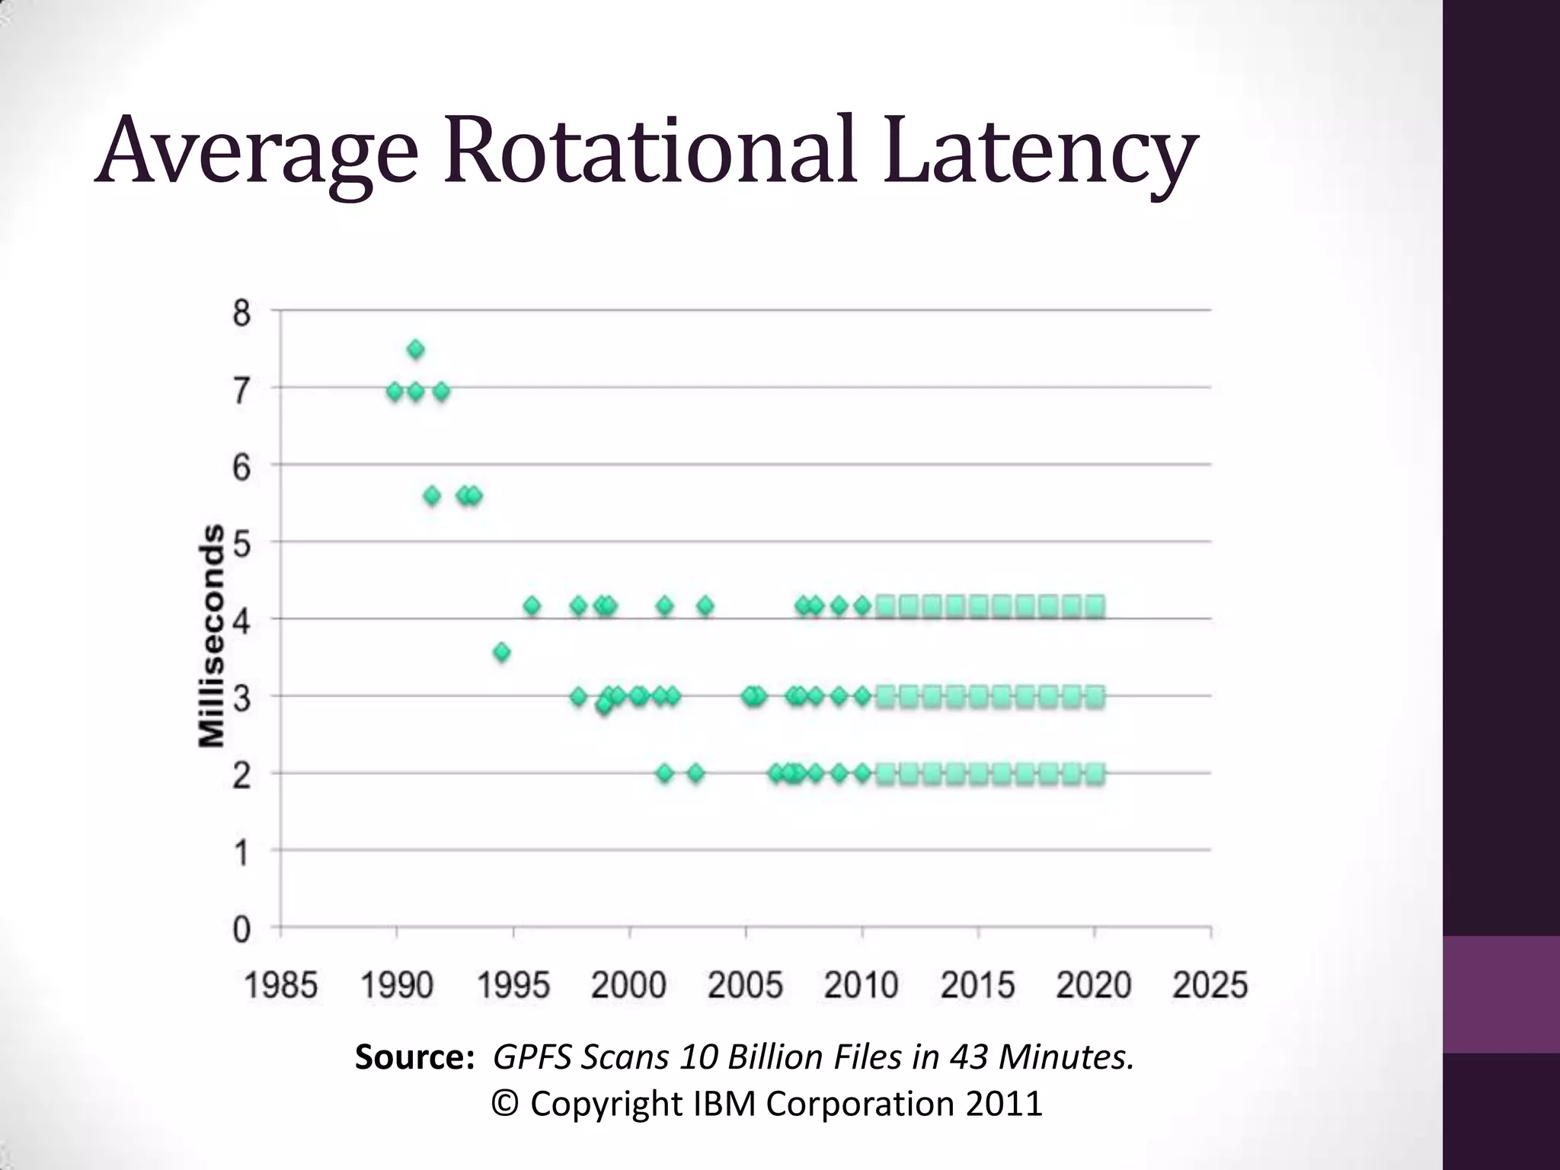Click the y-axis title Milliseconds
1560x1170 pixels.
212,635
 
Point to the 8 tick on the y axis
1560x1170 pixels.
241,312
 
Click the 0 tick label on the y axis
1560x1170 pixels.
241,929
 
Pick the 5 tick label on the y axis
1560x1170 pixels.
241,544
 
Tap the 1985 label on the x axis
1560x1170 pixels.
280,985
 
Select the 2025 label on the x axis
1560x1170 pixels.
1210,985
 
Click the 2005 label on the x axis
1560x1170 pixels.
745,985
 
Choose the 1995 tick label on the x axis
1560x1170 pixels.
513,985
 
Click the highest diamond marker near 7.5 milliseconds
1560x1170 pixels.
415,350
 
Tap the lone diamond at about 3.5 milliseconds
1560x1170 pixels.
501,652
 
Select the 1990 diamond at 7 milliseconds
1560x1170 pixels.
395,392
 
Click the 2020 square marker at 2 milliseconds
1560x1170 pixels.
1095,774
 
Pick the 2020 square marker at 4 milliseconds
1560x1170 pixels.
1095,607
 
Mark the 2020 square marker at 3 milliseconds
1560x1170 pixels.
1095,696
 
